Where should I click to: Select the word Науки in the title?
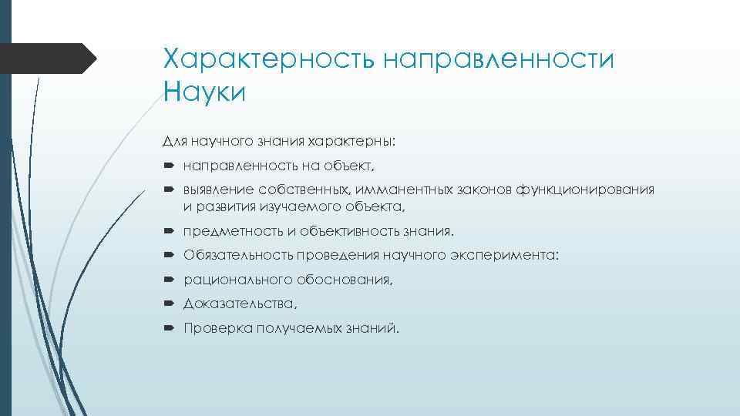pos(204,93)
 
